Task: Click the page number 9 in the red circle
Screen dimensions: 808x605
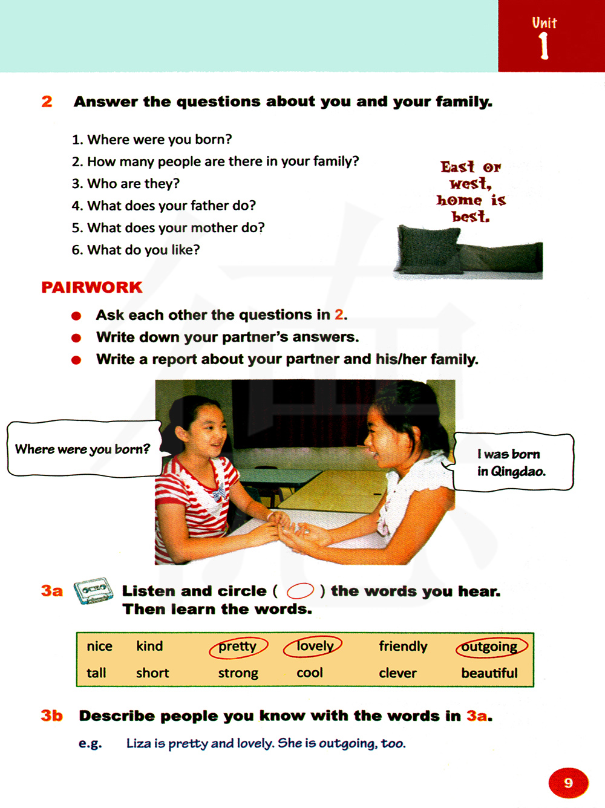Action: (x=568, y=783)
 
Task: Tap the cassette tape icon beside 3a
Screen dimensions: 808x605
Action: (x=93, y=590)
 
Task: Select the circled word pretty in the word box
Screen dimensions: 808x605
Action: (x=238, y=647)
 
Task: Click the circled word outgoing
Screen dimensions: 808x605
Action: (x=490, y=647)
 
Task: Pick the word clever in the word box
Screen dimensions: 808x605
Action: (x=397, y=673)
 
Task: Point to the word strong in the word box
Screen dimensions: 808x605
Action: (x=238, y=673)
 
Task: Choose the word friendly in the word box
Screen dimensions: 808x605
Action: (x=403, y=647)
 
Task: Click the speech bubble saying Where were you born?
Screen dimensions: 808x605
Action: (x=83, y=449)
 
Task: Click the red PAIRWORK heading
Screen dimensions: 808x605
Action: (x=92, y=287)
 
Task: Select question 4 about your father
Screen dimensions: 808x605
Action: (x=163, y=206)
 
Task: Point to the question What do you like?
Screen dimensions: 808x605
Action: (x=136, y=250)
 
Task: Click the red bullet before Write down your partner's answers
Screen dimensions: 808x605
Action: (x=76, y=337)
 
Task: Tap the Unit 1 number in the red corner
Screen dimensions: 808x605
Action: (x=544, y=45)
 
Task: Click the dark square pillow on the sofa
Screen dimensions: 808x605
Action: (x=428, y=249)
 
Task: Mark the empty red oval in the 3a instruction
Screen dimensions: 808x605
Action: (x=300, y=591)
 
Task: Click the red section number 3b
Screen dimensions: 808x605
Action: (x=52, y=716)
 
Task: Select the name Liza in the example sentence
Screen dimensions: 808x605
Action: (x=139, y=743)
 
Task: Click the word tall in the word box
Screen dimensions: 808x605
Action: (x=96, y=673)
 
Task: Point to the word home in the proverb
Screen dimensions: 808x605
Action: (x=460, y=200)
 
